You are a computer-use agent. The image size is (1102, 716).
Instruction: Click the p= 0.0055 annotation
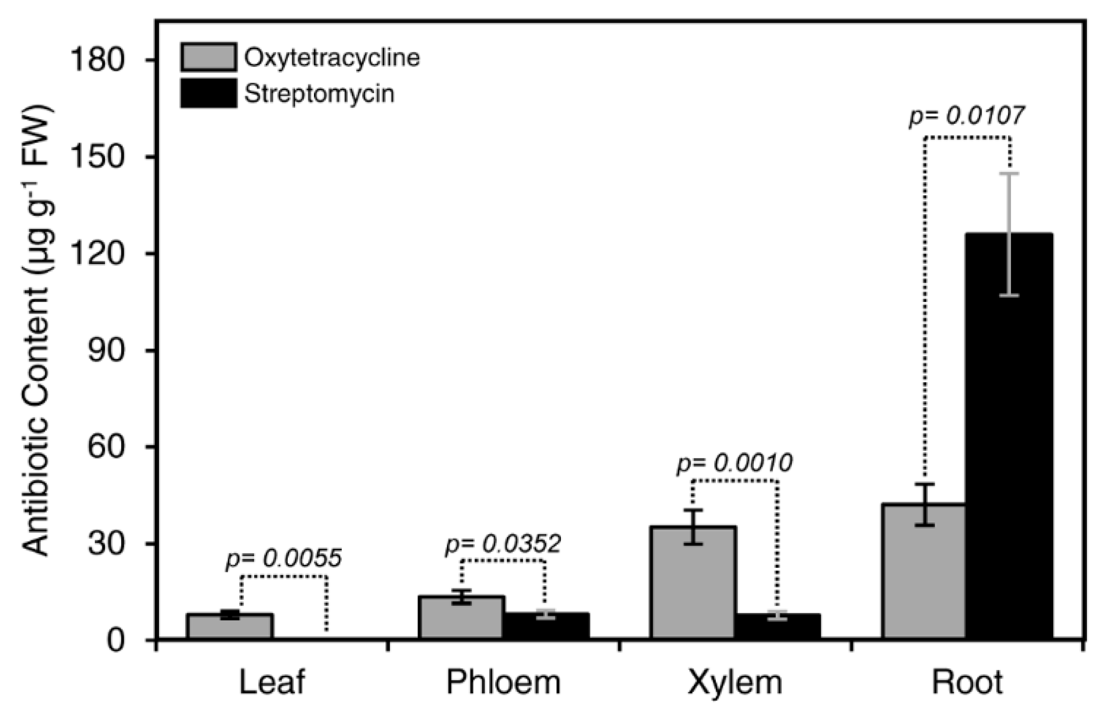283,559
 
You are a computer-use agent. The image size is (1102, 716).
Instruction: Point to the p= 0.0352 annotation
503,544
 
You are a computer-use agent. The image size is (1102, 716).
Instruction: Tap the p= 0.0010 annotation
734,463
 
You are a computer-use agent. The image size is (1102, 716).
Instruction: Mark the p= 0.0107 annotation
966,116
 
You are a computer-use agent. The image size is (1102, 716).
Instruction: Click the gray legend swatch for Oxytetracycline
208,57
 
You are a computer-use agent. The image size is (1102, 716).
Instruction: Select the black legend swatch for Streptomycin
208,93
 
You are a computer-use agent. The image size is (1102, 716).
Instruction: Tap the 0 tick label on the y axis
131,640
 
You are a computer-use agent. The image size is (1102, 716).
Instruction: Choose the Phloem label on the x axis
504,682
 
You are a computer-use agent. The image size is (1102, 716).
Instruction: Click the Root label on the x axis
967,682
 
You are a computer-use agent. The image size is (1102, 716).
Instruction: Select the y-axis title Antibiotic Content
36,333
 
